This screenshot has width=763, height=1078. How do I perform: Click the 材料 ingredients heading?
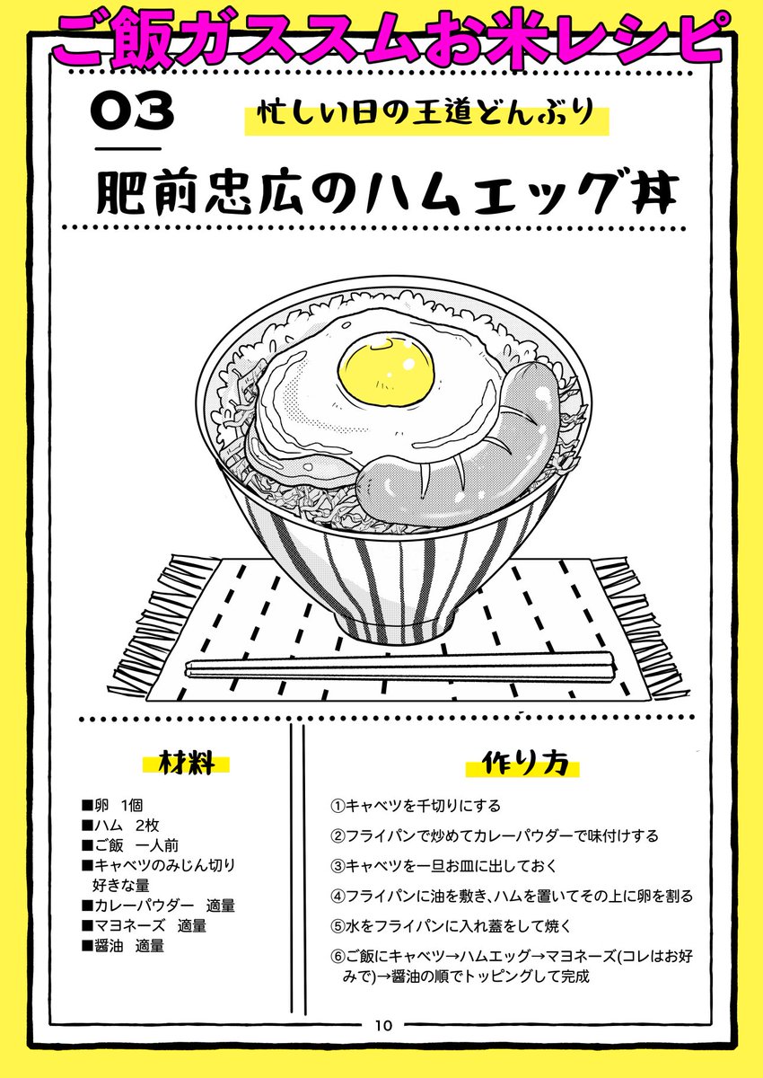pos(187,764)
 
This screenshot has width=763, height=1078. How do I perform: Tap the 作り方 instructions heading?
pos(524,764)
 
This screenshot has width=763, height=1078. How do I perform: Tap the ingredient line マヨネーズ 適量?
pos(144,925)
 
